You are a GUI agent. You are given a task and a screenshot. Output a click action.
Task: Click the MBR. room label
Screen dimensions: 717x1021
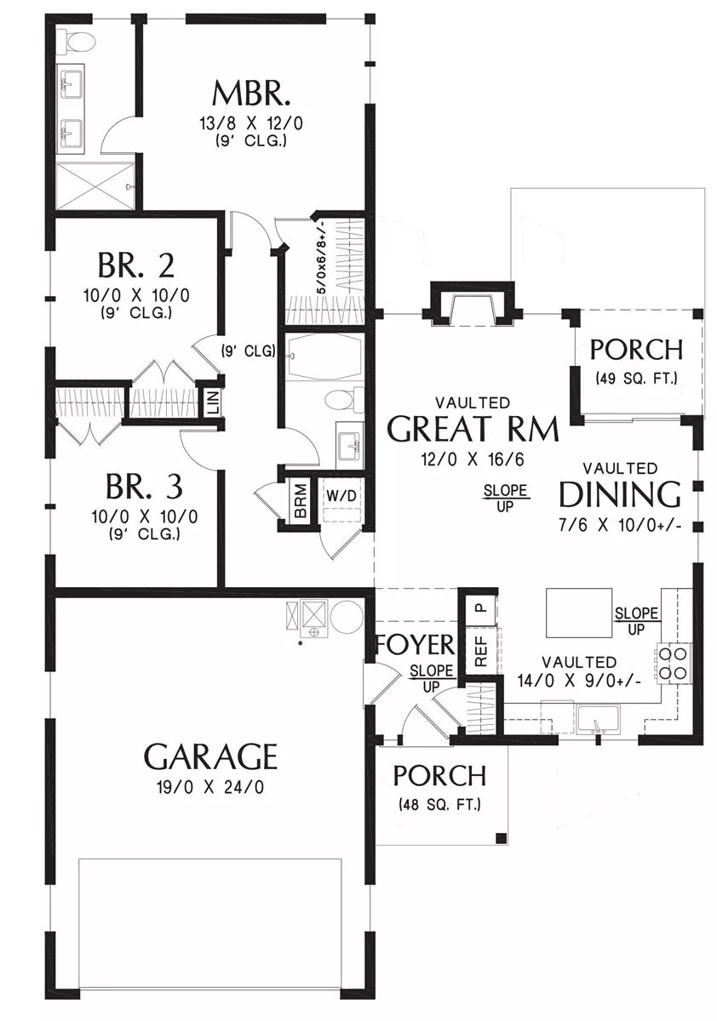250,93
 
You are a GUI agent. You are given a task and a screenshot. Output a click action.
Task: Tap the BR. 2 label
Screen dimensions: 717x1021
136,265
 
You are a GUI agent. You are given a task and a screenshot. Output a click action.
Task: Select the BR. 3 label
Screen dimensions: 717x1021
144,487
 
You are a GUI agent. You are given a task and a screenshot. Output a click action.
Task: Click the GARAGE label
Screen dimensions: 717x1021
209,756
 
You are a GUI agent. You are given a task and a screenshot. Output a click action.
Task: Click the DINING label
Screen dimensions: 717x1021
619,494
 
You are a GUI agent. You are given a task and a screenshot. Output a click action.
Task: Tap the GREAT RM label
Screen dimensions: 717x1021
473,429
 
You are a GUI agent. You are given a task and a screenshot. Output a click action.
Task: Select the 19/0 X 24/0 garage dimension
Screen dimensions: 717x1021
210,787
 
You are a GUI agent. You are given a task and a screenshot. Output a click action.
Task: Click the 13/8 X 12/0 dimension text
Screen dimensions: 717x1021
251,123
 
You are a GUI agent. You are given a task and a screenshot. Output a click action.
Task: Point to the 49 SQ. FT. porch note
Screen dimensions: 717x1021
636,378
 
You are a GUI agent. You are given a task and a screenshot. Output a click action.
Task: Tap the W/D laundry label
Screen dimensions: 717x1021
341,495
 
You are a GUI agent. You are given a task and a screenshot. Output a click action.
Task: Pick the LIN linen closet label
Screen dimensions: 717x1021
214,402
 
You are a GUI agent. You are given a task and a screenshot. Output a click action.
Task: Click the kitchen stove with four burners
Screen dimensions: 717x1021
674,664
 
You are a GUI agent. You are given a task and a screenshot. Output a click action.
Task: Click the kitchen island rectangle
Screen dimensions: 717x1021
579,613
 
